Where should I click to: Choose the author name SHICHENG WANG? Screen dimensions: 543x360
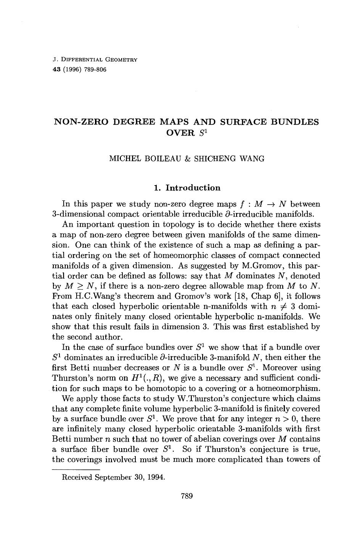click(x=229, y=159)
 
